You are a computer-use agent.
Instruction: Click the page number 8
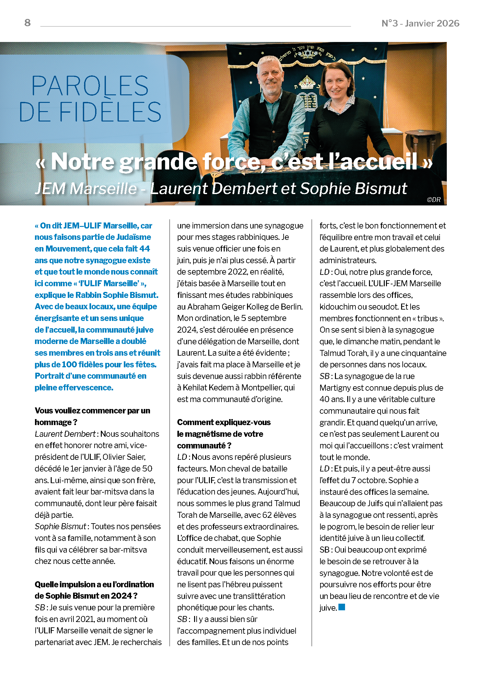[27, 23]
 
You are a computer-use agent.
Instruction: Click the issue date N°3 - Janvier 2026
[420, 23]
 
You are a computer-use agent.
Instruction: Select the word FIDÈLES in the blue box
[110, 112]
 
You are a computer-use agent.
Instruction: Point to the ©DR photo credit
[434, 199]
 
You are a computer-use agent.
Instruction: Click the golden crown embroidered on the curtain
[306, 83]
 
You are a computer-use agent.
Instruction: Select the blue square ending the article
[342, 607]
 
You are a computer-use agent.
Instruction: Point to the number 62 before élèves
[267, 515]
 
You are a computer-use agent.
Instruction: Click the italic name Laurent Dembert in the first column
[65, 434]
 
